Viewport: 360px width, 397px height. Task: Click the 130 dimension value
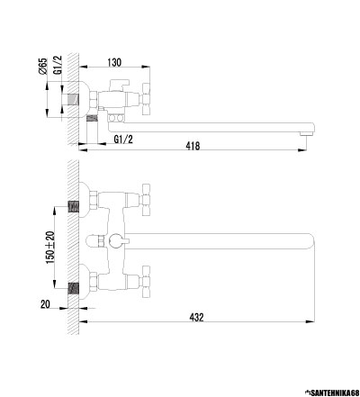(114, 62)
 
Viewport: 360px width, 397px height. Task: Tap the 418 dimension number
(193, 146)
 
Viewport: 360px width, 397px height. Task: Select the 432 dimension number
(196, 317)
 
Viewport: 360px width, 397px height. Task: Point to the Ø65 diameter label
(43, 66)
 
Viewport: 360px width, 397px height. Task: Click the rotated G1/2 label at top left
(58, 65)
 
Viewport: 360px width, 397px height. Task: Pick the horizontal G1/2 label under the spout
(123, 140)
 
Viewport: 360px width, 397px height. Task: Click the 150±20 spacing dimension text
(50, 248)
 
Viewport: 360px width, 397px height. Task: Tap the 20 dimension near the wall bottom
(45, 304)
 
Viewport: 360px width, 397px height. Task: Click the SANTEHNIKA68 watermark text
(334, 392)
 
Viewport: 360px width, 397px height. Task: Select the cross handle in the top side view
(146, 99)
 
